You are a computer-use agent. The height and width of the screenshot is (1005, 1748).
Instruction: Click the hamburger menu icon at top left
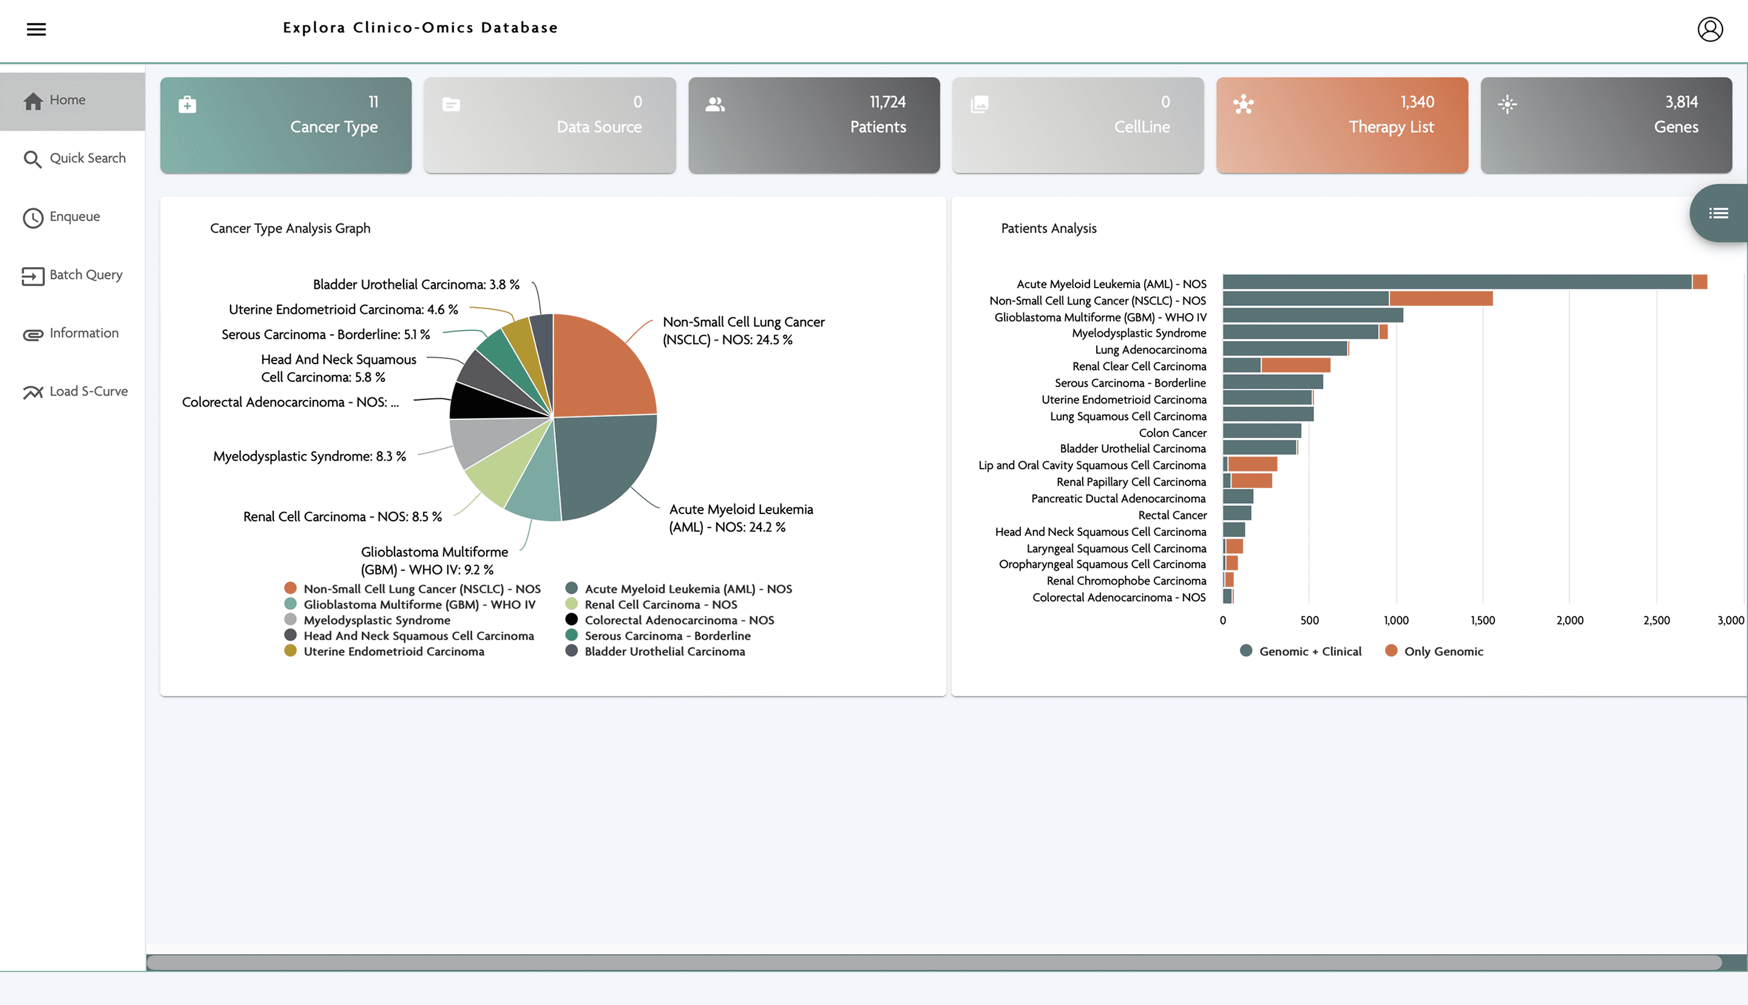coord(36,29)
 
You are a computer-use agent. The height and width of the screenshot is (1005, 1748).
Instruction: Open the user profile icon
coord(1709,29)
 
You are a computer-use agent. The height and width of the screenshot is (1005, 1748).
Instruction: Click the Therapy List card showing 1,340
coord(1341,125)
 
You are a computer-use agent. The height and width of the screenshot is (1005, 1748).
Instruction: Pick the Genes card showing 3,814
coord(1606,125)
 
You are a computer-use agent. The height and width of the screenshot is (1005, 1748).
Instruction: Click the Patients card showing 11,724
coord(814,125)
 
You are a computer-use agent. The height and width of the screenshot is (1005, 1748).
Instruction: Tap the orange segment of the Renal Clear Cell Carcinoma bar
coord(1295,366)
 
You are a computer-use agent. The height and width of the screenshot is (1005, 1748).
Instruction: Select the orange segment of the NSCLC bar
coord(1440,299)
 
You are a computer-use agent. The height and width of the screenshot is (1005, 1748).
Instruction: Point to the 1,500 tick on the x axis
coord(1482,620)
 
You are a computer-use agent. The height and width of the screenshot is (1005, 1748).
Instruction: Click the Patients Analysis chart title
coord(1048,228)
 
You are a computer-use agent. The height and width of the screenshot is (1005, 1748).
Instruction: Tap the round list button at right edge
coord(1718,213)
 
